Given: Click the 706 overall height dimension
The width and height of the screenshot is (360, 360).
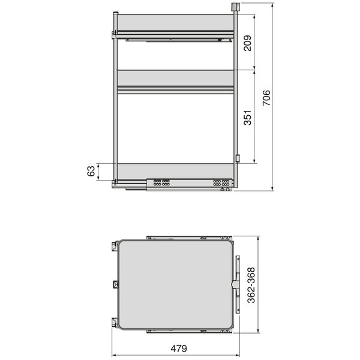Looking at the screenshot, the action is coord(266,98).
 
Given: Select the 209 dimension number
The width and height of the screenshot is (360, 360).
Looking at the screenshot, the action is coord(248,43).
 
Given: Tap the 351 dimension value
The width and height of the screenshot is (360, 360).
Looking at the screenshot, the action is coord(248,118).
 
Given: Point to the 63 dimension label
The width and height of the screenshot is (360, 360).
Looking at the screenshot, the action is coord(91,171).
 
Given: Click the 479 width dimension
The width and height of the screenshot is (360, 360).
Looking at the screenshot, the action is coord(179,349).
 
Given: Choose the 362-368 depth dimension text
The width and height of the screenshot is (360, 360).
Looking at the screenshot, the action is coord(251,285).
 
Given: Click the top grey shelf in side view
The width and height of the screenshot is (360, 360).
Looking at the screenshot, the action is coord(176,22).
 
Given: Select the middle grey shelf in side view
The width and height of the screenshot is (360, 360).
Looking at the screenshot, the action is coord(176,78).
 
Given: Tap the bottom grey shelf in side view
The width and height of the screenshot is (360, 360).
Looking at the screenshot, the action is coord(176,171).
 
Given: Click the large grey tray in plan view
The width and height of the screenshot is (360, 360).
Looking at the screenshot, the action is coord(176,284).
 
